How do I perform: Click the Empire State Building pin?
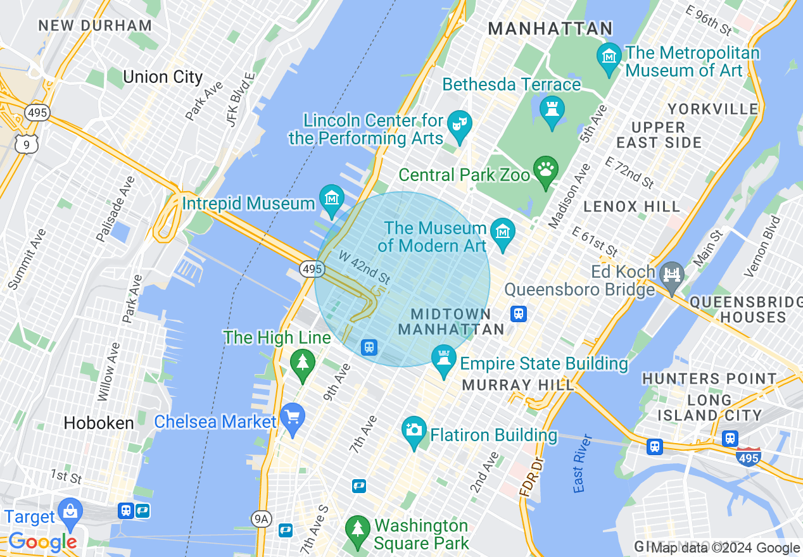click(443, 359)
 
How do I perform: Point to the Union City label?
click(163, 77)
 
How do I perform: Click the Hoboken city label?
click(99, 423)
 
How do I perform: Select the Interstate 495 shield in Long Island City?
click(748, 456)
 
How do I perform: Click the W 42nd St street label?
click(364, 267)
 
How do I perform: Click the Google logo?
click(42, 542)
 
